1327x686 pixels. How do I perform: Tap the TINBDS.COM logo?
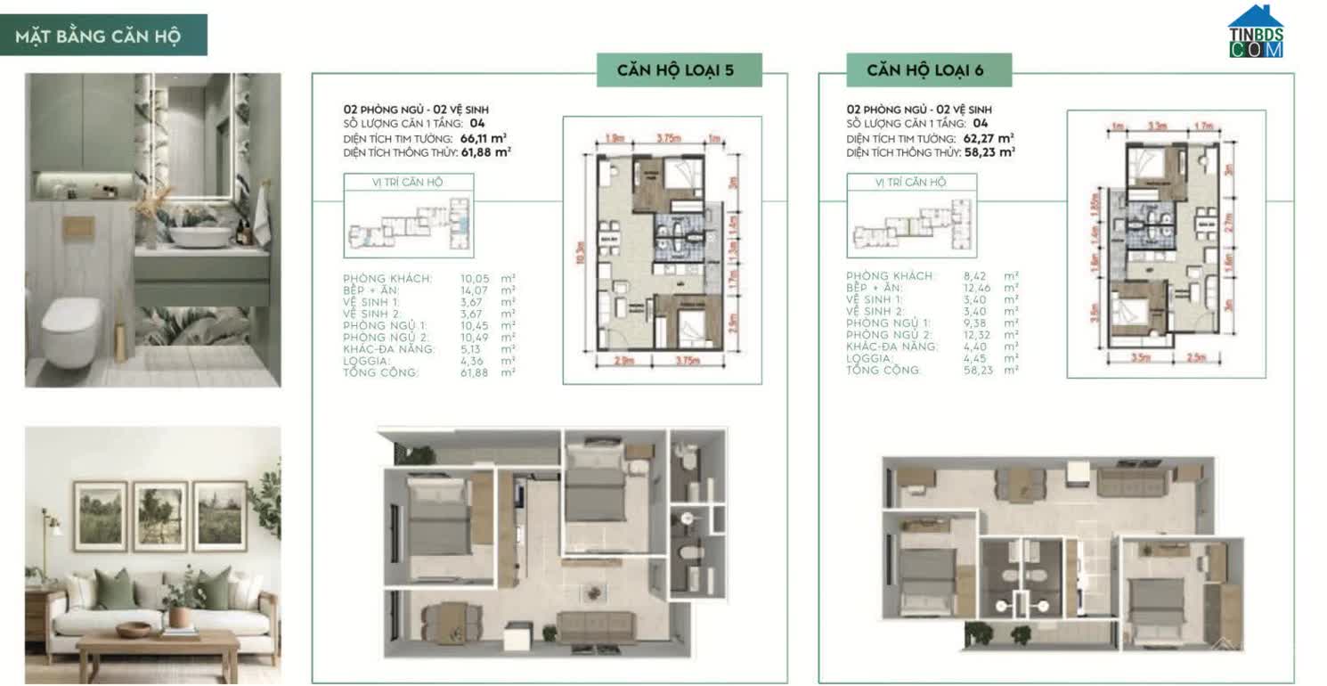coord(1256,33)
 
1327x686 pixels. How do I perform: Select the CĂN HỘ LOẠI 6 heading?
coord(926,70)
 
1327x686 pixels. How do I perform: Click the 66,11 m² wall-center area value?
coord(484,138)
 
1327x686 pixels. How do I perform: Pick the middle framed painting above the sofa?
coord(160,517)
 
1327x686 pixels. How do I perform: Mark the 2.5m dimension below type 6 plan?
coord(1194,358)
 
